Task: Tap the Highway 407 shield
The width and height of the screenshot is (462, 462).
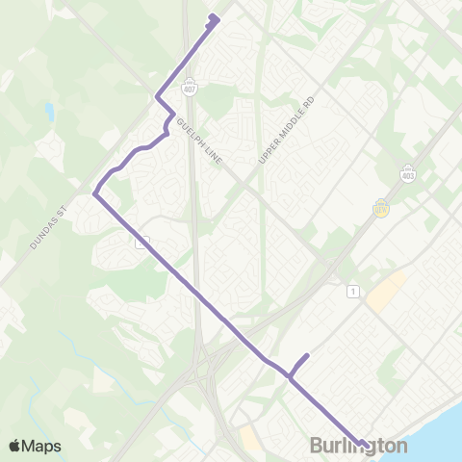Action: click(191, 88)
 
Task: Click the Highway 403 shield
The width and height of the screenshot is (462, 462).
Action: click(407, 172)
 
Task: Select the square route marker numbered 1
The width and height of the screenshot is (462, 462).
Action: click(354, 291)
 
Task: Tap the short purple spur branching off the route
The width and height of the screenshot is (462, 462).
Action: click(299, 364)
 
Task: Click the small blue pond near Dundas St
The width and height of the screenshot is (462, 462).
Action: click(48, 113)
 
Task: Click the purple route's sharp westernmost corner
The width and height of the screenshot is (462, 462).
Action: click(94, 195)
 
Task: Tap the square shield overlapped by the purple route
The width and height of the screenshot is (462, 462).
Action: click(141, 243)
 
